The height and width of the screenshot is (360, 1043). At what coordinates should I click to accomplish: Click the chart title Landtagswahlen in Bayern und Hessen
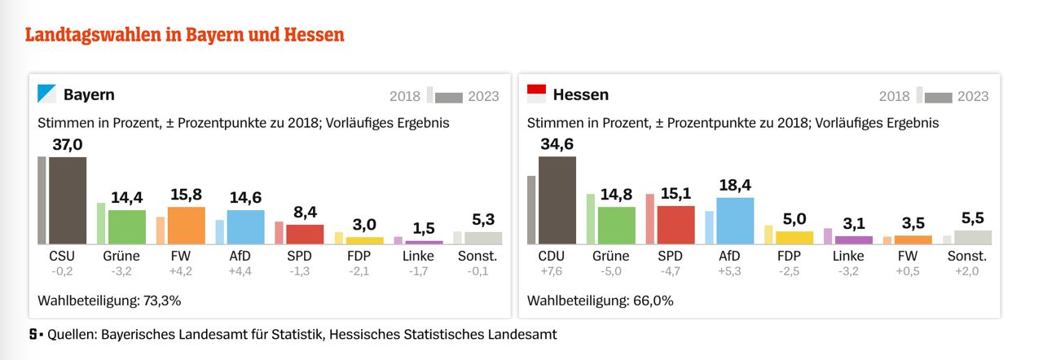(185, 35)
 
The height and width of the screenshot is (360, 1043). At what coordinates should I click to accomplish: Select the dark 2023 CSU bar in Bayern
(68, 200)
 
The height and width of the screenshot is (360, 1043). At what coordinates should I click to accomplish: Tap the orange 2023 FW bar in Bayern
(186, 226)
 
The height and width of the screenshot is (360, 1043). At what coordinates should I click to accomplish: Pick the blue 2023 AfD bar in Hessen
(735, 221)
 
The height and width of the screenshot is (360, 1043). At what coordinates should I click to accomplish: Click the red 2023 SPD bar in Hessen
(676, 225)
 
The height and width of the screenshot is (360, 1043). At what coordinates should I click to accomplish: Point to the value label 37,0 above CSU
(68, 145)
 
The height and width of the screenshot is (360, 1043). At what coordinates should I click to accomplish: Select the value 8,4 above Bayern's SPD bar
(306, 213)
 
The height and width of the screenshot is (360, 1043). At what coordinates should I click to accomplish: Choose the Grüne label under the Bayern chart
(121, 257)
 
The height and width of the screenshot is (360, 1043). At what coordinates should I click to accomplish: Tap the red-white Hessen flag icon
(537, 94)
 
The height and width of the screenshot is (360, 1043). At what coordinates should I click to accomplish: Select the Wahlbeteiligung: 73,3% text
(109, 301)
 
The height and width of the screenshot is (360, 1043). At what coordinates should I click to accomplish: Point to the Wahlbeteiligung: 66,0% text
(600, 301)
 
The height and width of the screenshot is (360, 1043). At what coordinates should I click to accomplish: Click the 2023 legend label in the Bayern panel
(484, 96)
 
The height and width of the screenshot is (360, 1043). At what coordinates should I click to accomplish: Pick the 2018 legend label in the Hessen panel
(894, 96)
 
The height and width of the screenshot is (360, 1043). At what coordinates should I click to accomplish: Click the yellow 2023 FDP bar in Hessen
(794, 238)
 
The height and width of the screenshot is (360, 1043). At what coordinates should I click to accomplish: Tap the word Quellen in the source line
(72, 335)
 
